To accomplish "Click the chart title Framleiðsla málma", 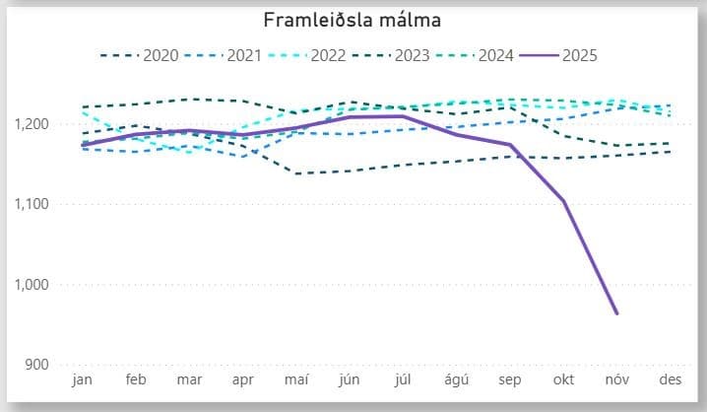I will pos(353,21).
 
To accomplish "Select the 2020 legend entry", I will pos(161,55).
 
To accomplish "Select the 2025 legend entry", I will pos(581,55).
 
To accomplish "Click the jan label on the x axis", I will pos(83,380).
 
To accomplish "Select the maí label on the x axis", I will pos(295,380).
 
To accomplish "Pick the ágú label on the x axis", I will pos(457,380).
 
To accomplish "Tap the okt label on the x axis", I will pos(564,380).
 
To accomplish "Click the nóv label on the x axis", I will pos(617,380).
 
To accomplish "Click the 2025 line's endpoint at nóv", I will pos(617,314).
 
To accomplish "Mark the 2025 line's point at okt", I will pos(564,201).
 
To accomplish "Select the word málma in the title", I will pos(408,21).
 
